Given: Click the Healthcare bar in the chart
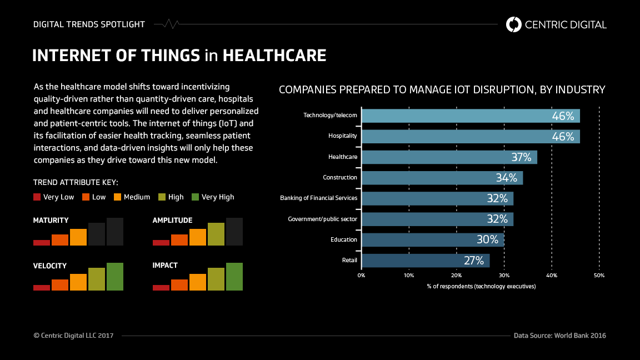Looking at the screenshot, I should pos(449,157).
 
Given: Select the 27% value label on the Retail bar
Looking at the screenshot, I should pos(473,261).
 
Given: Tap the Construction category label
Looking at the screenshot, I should pos(340,178).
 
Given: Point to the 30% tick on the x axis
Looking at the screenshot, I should pos(504,275).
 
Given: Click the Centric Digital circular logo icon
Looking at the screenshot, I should pos(513,24).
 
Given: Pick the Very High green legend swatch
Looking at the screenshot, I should pos(195,197).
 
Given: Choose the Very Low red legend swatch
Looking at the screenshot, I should pos(37,197).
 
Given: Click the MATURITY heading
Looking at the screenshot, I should pos(51,221).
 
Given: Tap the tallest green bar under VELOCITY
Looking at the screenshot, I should pos(115,276).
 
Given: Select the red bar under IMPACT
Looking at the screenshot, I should pos(161,287).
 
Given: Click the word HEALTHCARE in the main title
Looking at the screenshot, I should pos(274,56).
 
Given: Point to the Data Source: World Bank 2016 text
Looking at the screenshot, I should pos(559,336).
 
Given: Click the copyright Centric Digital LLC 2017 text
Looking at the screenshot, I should pos(73,336).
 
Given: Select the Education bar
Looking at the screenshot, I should pos(432,240).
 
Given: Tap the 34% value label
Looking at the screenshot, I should pos(506,178).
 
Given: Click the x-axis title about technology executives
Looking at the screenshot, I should pos(481,286).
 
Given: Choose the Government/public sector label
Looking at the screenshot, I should pos(322,219).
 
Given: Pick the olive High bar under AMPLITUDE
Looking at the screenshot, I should pos(216,234).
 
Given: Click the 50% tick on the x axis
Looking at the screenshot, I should pos(599,275).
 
